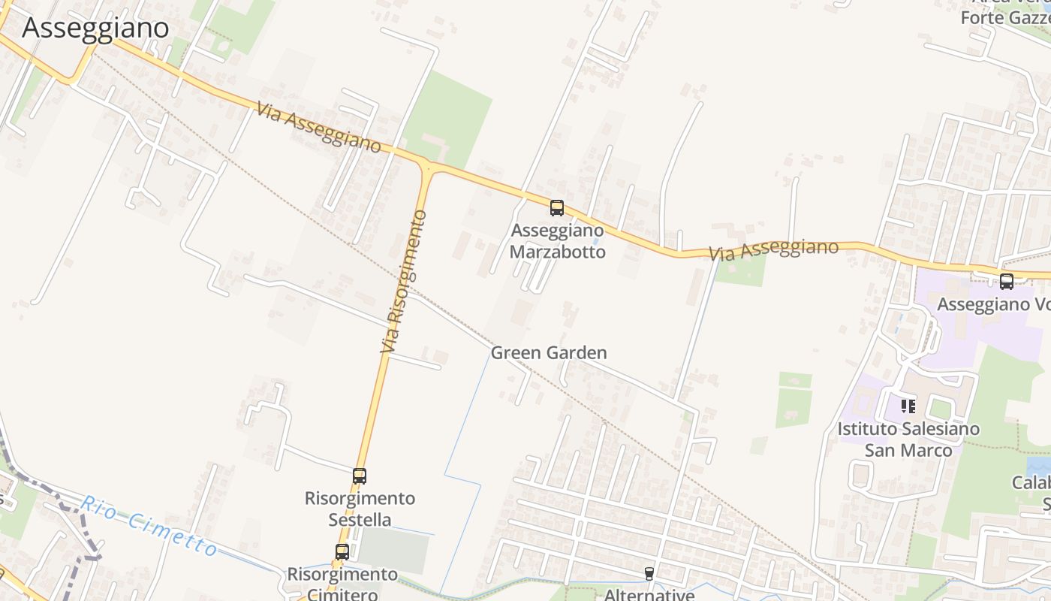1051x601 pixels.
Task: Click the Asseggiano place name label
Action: (x=95, y=27)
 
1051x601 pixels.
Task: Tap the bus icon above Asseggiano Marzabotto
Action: (x=556, y=208)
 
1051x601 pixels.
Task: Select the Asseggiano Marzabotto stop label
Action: (x=557, y=240)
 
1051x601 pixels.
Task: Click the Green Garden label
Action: (x=548, y=352)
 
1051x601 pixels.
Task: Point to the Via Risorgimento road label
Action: (x=403, y=282)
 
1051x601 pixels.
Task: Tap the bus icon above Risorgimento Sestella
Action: (x=360, y=476)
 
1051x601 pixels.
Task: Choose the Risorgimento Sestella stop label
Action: (x=360, y=509)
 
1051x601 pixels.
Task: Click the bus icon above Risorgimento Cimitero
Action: (x=342, y=552)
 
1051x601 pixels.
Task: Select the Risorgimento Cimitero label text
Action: (x=342, y=584)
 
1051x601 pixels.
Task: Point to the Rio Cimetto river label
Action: (x=149, y=526)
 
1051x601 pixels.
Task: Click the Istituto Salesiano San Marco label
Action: (x=908, y=439)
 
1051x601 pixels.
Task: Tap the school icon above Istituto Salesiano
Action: (x=908, y=406)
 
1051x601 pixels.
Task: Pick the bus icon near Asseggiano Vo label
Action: (x=1007, y=282)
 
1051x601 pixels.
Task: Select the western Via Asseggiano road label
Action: (x=318, y=127)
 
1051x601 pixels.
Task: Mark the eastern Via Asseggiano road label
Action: (x=773, y=250)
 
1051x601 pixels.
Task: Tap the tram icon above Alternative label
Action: (x=649, y=574)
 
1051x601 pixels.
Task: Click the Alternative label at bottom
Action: (x=649, y=594)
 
